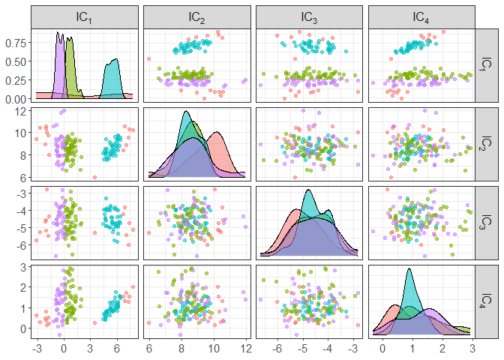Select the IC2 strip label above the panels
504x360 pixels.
[197, 16]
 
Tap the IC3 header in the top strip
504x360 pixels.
[310, 16]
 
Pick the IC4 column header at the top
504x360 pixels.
[421, 16]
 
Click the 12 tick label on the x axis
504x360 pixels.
[245, 349]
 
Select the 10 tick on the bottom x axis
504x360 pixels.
[213, 349]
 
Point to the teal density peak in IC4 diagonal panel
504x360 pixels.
[409, 269]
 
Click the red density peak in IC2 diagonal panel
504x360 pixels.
[217, 133]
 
